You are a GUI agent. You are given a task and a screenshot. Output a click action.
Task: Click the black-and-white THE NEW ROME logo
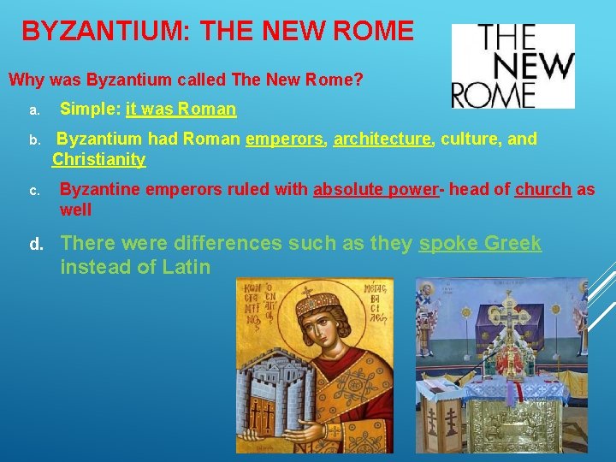tap(513, 66)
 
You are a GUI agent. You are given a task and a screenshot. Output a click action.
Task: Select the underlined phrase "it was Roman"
tap(181, 110)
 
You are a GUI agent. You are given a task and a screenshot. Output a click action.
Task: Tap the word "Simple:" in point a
tap(90, 110)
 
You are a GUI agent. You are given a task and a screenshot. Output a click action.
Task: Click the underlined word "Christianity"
tap(98, 159)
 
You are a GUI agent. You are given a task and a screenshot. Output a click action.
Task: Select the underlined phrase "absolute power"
tap(376, 190)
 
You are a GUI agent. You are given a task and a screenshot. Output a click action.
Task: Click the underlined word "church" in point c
tap(542, 190)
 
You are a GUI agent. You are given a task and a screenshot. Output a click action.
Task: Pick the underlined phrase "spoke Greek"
tap(480, 244)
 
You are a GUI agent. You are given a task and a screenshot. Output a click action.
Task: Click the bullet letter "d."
tap(37, 245)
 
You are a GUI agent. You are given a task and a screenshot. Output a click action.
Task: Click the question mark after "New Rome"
tap(358, 81)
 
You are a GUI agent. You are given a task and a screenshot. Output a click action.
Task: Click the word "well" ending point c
tap(75, 210)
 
